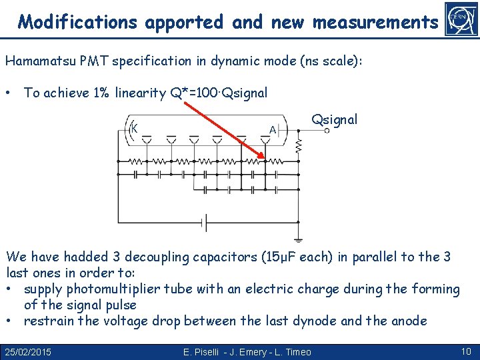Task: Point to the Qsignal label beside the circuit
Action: coord(335,120)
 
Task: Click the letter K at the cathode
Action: coord(134,128)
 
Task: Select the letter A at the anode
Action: coord(273,129)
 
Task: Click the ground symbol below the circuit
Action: coord(299,239)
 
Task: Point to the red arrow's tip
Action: coord(263,160)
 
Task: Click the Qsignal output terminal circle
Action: coord(327,131)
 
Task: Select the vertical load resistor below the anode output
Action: coord(299,144)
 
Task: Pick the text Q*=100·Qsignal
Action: coord(219,93)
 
